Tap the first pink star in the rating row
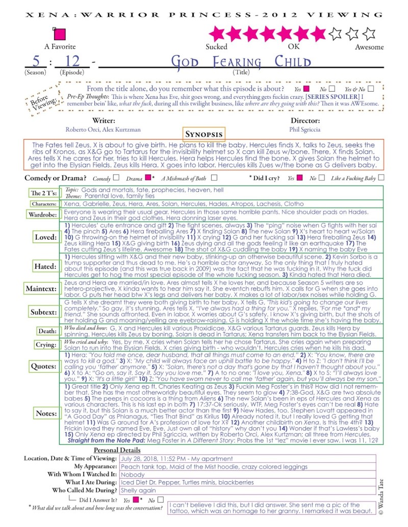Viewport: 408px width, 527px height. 217,34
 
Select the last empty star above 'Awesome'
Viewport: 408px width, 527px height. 368,34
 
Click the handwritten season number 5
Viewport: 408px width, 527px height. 36,62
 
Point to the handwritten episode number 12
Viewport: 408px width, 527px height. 72,62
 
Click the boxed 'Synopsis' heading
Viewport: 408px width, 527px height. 203,134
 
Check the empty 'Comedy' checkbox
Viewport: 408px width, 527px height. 116,178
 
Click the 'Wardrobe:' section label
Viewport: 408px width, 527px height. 42,214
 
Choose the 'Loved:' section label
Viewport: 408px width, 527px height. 45,237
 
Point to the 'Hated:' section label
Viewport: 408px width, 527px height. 45,266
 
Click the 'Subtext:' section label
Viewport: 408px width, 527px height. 43,312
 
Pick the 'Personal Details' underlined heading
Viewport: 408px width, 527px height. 118,451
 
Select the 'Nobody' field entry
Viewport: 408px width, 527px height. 134,474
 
